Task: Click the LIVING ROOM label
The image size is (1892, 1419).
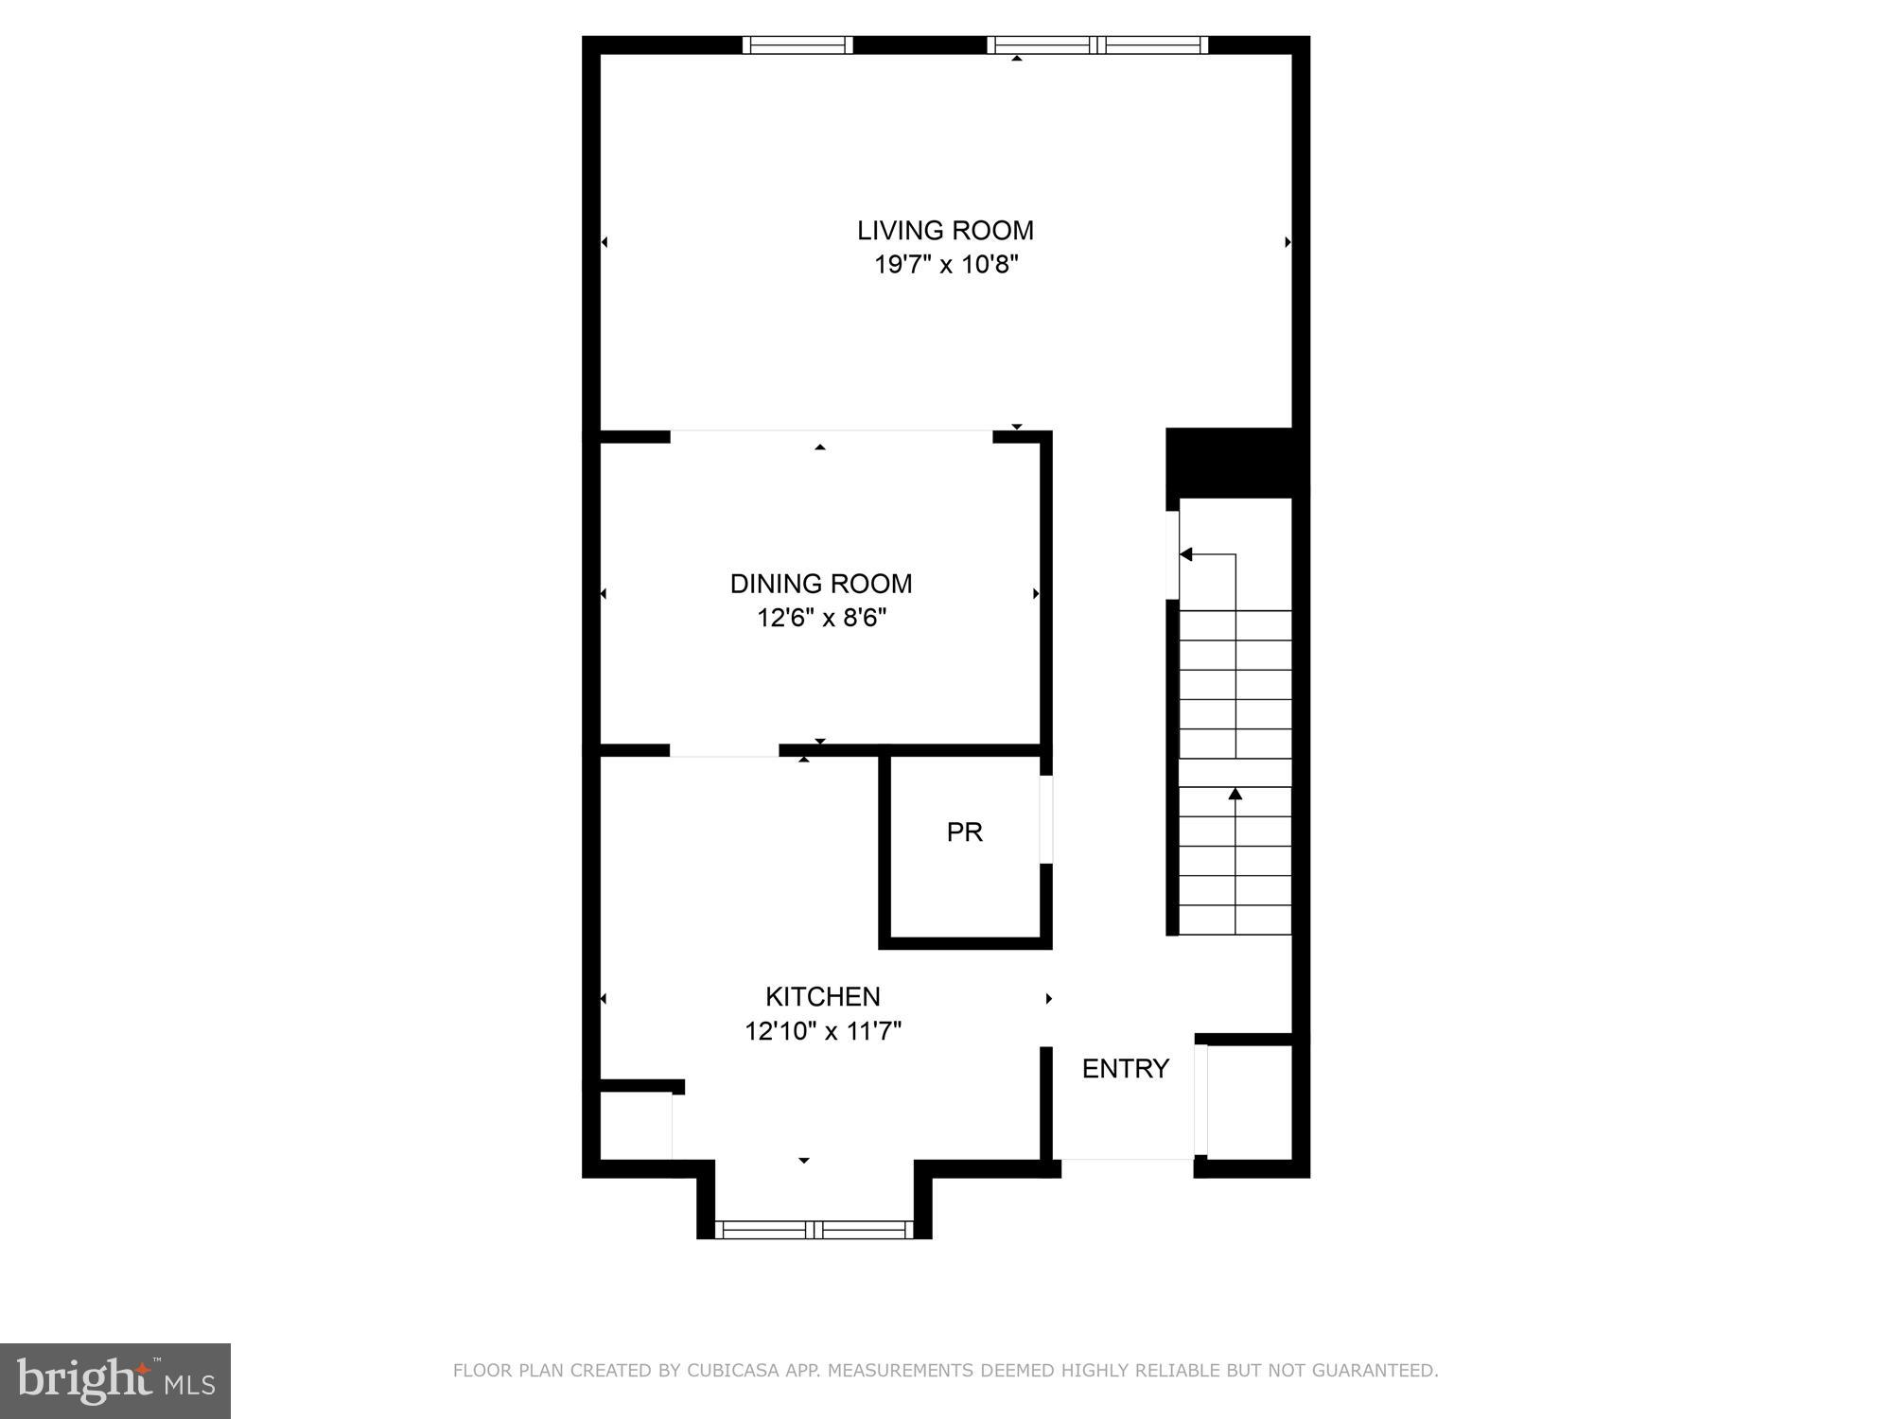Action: (x=945, y=230)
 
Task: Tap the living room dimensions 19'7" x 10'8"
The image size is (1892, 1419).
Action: (x=945, y=265)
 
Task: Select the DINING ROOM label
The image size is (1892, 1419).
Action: (x=821, y=584)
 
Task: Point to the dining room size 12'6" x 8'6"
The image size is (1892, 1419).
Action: (x=821, y=619)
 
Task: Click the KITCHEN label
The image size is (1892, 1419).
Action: (x=822, y=996)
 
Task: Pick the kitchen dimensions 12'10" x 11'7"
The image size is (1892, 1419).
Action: (x=822, y=1031)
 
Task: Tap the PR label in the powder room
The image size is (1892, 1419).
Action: (x=964, y=832)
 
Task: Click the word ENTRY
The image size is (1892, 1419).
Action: (x=1125, y=1069)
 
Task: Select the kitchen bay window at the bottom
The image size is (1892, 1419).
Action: (x=814, y=1230)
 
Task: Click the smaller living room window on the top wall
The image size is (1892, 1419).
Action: (x=797, y=44)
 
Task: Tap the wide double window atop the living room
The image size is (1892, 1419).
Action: (x=1097, y=44)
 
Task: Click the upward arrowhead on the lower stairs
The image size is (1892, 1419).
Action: (x=1235, y=794)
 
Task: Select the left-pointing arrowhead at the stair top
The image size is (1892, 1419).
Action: (x=1185, y=554)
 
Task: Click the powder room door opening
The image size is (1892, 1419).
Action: (x=1045, y=819)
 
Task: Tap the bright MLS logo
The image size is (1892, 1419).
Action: (x=114, y=1380)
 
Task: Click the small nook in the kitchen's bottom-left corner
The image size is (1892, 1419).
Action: (x=636, y=1127)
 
